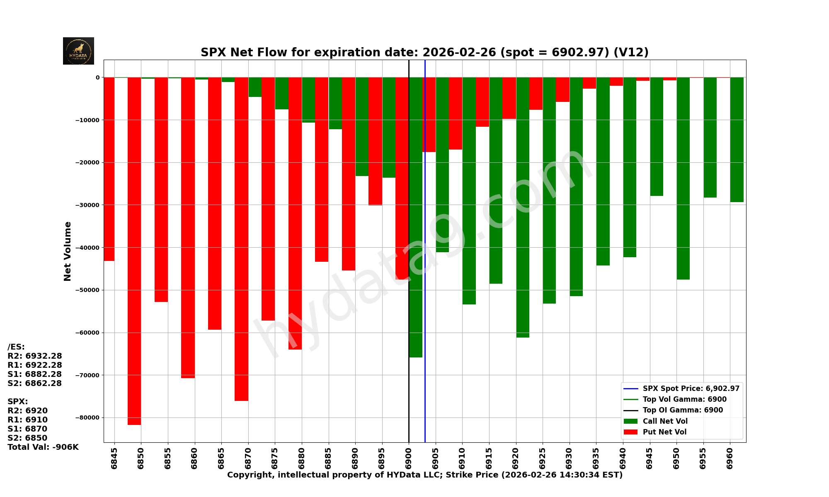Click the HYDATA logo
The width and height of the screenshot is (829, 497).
coord(78,51)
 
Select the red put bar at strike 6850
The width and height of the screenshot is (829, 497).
coord(134,248)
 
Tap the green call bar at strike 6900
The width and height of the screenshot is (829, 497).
coord(416,215)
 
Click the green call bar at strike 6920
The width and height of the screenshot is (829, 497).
coord(523,207)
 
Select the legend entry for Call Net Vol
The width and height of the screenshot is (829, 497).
coord(665,421)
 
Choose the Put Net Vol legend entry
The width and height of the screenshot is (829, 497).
coord(664,432)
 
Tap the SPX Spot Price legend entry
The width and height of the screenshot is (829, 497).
coord(691,388)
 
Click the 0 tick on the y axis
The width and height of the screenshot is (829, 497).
coord(97,77)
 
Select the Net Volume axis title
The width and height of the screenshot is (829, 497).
coord(68,251)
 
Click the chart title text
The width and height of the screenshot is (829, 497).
coord(424,53)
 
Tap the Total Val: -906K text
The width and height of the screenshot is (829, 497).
coord(43,447)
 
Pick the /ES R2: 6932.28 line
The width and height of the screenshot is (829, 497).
coord(35,356)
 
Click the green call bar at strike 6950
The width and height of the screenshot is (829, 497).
coord(683,178)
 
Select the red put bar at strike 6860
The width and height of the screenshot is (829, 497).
coord(188,228)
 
